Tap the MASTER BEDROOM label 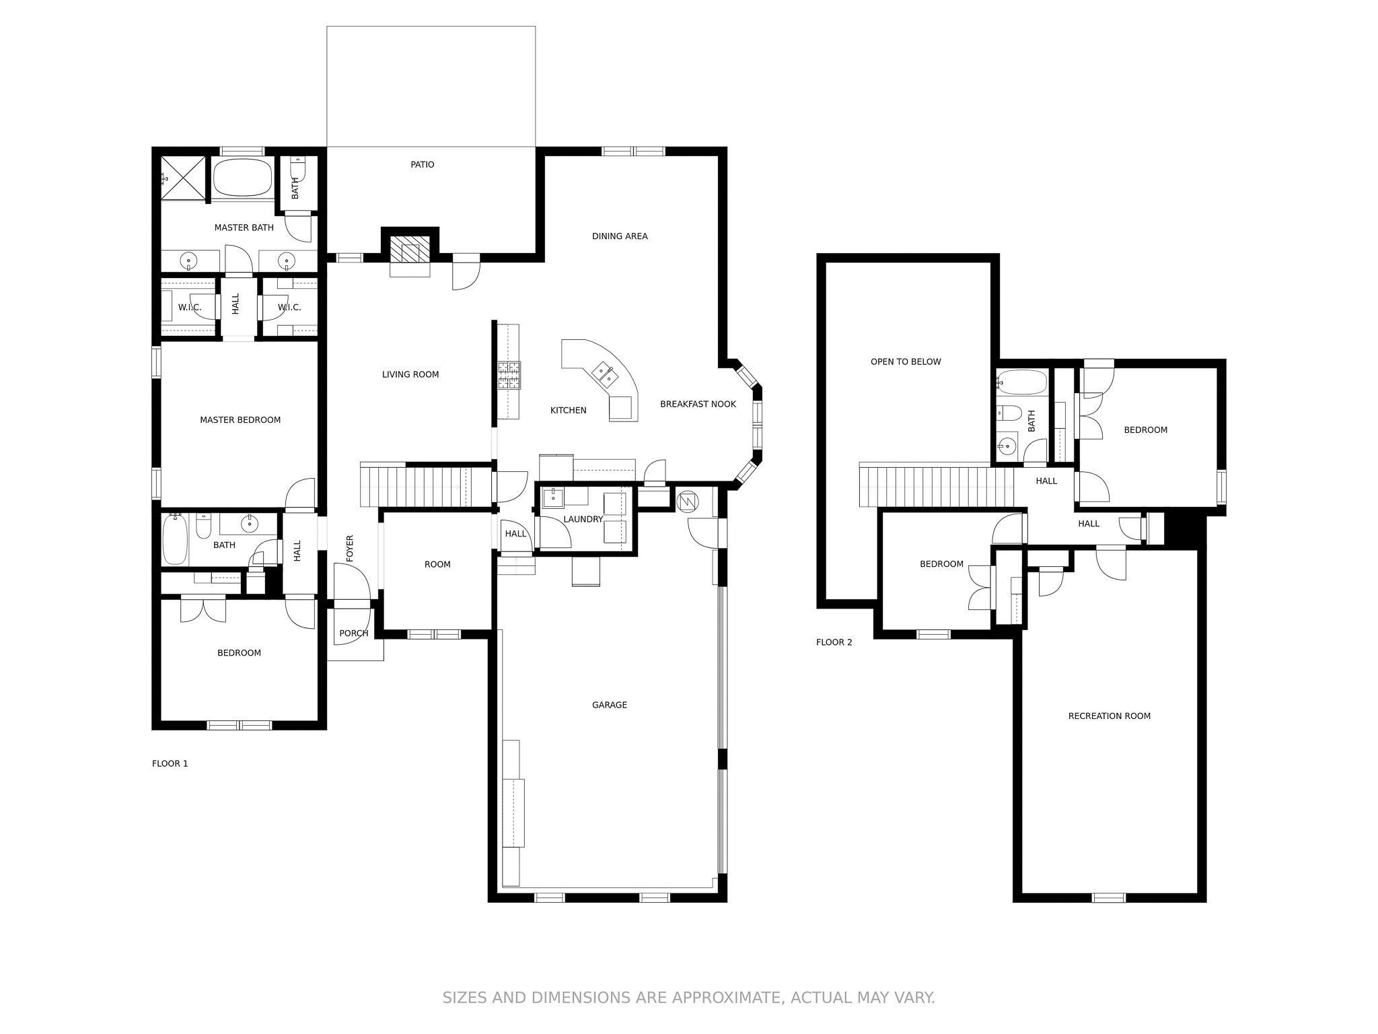(240, 420)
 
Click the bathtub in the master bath (243, 178)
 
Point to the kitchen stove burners (509, 376)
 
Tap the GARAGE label (610, 705)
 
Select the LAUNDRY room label (583, 519)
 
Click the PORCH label (353, 633)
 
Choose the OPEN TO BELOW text (906, 361)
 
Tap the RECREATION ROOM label (1109, 716)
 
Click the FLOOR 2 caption (834, 642)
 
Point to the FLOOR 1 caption (170, 763)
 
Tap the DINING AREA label (620, 236)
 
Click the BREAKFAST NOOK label (698, 404)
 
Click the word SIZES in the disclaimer (464, 997)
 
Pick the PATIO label (423, 164)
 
